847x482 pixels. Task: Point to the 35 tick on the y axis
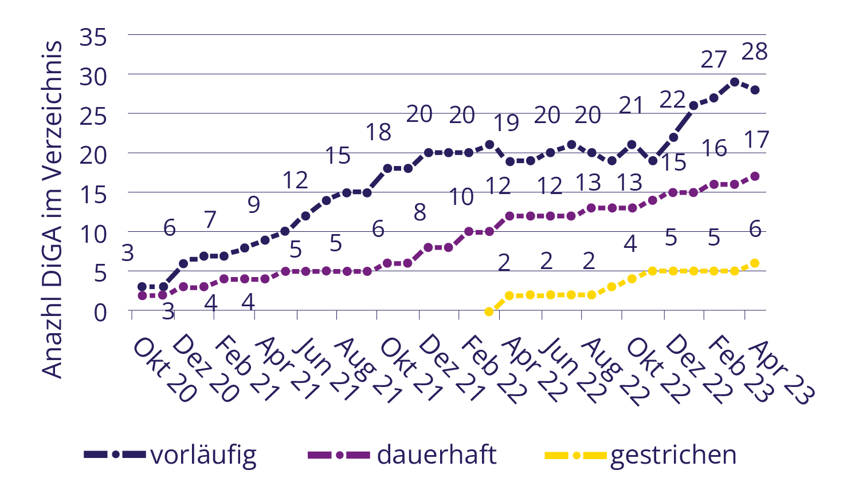click(93, 38)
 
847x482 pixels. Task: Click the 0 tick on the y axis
click(100, 313)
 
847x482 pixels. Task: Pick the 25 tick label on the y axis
click(93, 116)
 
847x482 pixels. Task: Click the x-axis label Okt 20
click(163, 370)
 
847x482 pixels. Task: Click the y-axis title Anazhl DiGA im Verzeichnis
click(53, 210)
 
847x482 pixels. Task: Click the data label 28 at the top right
click(754, 52)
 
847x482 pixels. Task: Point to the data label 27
click(713, 59)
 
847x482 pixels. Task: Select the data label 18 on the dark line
click(378, 132)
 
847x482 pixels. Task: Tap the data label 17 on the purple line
click(756, 140)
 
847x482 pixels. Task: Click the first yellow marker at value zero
click(489, 311)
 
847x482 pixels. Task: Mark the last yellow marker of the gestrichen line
click(755, 263)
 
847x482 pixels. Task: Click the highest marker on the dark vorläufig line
click(734, 82)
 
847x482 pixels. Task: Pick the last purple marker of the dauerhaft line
click(755, 176)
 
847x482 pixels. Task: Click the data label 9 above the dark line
click(253, 204)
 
